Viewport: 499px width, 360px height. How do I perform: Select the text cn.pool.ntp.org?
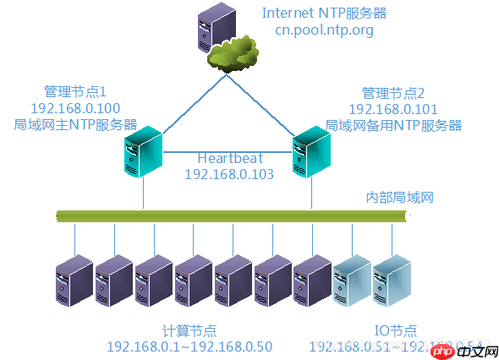[324, 30]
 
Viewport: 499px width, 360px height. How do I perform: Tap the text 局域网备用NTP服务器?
[393, 124]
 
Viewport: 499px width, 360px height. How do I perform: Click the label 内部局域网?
[399, 197]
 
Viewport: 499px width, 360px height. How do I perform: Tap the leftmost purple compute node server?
[74, 280]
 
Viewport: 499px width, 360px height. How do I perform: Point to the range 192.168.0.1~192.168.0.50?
[189, 346]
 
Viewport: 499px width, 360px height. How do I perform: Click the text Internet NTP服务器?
[324, 13]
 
